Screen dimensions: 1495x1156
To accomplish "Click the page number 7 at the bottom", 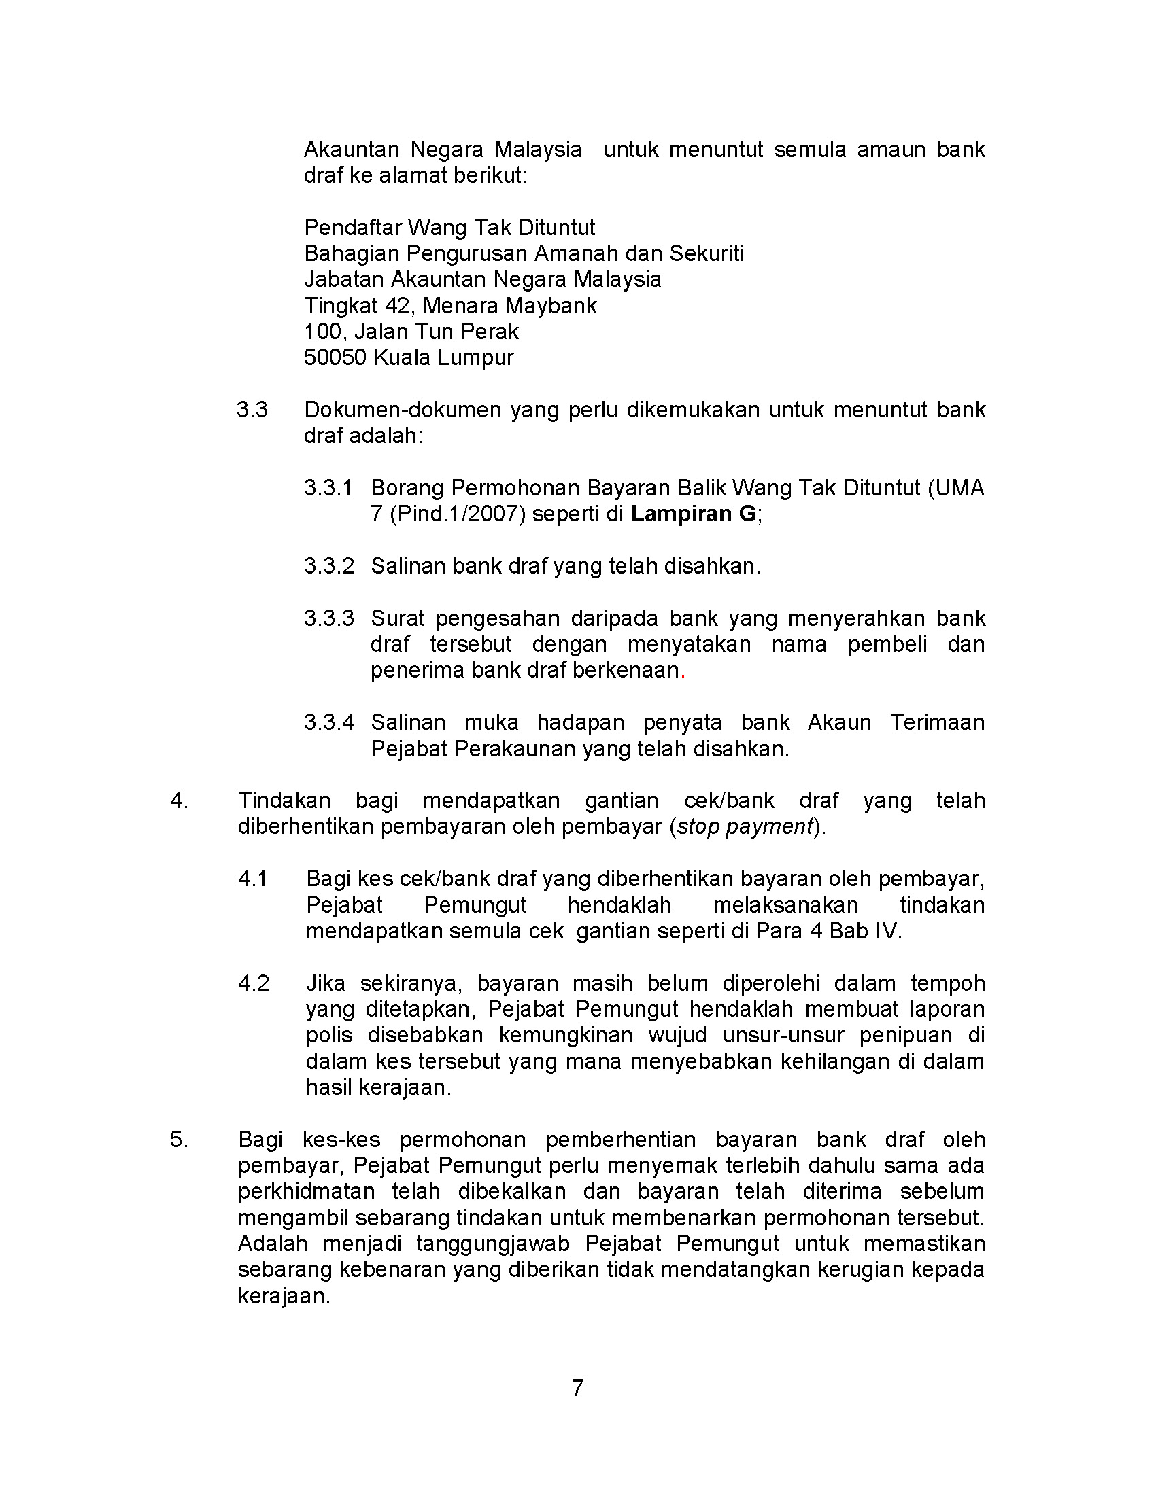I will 577,1387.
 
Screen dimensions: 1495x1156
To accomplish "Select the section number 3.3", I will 252,409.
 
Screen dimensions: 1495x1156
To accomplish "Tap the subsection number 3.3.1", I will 328,487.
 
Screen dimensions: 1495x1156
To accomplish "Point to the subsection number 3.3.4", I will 328,722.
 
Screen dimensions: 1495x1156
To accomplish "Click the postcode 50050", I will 335,357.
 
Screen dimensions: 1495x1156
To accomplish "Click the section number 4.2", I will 254,983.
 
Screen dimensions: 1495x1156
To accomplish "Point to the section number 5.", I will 178,1140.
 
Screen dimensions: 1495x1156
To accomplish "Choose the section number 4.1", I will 253,878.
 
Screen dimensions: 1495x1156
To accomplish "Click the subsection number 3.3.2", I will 328,566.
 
